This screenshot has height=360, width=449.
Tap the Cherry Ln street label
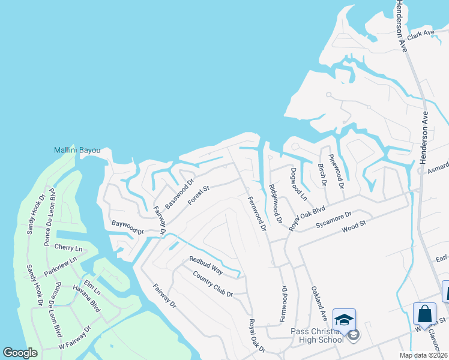click(x=68, y=248)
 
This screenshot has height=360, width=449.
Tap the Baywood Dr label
click(x=127, y=227)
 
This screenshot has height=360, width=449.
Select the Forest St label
click(x=197, y=196)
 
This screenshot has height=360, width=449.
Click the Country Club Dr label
click(x=212, y=284)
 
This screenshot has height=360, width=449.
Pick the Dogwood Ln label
click(x=298, y=184)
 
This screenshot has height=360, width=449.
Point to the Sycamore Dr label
click(x=333, y=217)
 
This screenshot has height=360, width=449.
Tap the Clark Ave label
click(x=420, y=34)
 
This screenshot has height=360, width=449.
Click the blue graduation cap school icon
click(x=345, y=319)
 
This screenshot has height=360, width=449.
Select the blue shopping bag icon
click(x=424, y=314)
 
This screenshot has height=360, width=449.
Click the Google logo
click(x=20, y=353)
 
